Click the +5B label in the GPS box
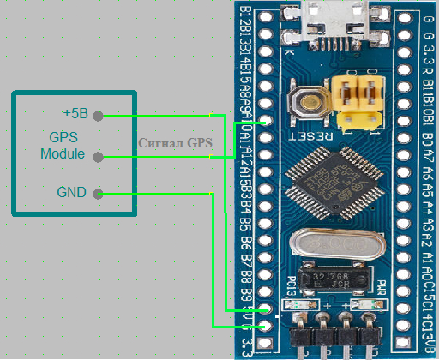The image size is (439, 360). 75,114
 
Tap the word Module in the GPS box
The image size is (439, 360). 63,154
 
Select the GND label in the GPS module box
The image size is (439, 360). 72,193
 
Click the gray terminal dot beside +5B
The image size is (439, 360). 98,115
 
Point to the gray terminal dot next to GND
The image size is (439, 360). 98,194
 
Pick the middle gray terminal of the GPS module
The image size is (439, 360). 98,156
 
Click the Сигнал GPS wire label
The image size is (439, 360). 175,142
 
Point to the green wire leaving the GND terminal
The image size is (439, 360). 154,195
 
